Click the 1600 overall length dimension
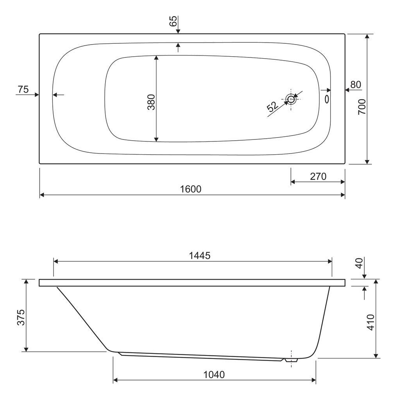pos(191,189)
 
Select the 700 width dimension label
pos(362,107)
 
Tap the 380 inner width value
pos(151,102)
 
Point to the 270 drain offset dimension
pos(318,177)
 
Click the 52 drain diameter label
pos(272,107)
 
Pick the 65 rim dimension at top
pos(173,21)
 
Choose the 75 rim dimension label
pos(23,89)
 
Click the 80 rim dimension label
pos(356,84)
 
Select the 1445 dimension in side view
pos(199,255)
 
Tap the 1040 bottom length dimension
pos(214,375)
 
